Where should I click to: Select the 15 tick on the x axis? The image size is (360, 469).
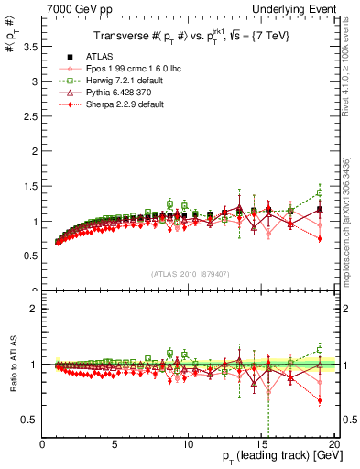[260, 444]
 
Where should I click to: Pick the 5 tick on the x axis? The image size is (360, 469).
[115, 444]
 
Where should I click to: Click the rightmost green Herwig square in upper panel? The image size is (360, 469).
[319, 192]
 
